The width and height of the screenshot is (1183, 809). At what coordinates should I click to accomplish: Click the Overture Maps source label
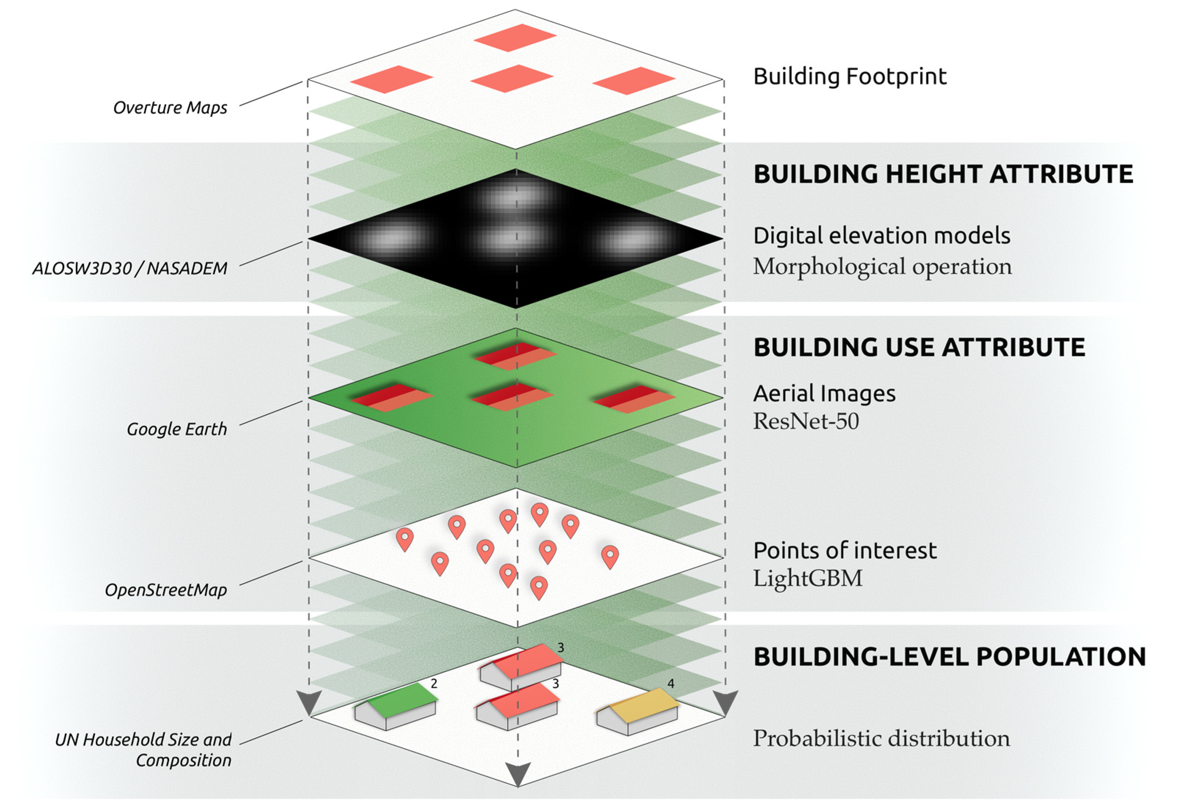[x=170, y=108]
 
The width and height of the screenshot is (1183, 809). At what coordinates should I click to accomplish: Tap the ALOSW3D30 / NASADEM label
[x=130, y=268]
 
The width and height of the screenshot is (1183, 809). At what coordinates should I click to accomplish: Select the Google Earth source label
[x=177, y=429]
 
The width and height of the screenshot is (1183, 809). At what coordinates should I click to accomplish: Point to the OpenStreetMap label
[x=166, y=590]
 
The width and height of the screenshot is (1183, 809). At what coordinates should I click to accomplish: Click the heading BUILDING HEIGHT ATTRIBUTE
[x=943, y=174]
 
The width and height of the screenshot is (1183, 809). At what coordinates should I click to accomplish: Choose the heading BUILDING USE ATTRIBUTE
[x=919, y=348]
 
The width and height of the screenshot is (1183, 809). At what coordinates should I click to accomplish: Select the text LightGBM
[x=807, y=578]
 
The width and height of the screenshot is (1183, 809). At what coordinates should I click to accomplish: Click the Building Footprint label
[x=850, y=76]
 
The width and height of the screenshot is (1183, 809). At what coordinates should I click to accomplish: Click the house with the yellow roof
[x=637, y=712]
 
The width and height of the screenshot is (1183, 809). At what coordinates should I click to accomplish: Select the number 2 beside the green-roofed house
[x=434, y=684]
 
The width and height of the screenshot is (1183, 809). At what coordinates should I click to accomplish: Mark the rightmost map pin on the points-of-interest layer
[x=609, y=556]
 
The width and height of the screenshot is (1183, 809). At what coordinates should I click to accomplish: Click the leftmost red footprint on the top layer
[x=391, y=80]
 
